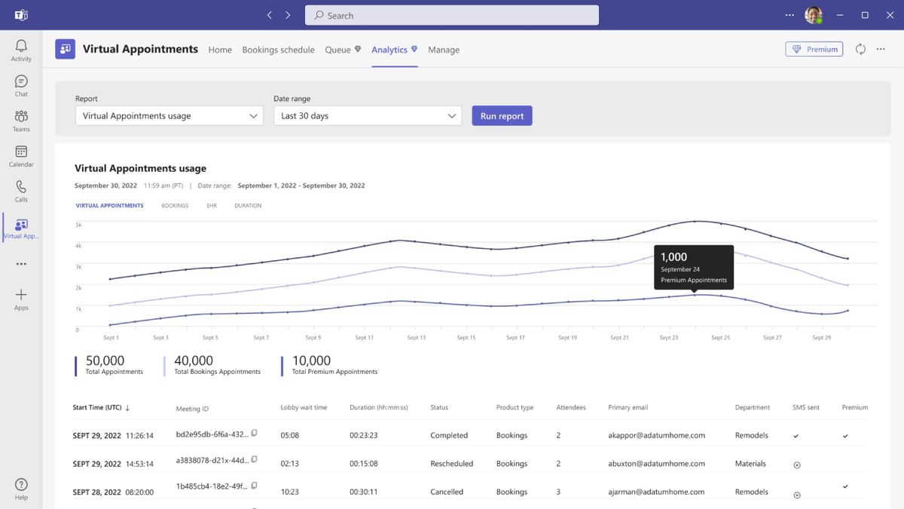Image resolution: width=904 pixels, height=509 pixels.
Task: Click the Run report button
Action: pyautogui.click(x=502, y=116)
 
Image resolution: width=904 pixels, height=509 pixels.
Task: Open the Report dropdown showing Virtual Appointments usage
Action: pyautogui.click(x=169, y=116)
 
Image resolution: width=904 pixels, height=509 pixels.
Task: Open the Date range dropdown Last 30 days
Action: pyautogui.click(x=368, y=116)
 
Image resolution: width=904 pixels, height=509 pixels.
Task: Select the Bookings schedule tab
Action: pyautogui.click(x=278, y=50)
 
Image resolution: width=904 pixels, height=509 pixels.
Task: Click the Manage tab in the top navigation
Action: pyautogui.click(x=444, y=50)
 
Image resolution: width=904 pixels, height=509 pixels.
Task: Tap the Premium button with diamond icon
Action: pyautogui.click(x=814, y=49)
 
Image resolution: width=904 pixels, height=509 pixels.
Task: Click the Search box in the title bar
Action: pyautogui.click(x=452, y=15)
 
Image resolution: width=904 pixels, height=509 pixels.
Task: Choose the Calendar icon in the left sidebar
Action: pyautogui.click(x=21, y=156)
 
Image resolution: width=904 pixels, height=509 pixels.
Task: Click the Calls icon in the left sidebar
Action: pyautogui.click(x=21, y=192)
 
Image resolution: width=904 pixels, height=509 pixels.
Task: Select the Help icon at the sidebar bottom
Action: pyautogui.click(x=21, y=489)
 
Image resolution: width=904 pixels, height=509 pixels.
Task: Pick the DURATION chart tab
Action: pyautogui.click(x=248, y=206)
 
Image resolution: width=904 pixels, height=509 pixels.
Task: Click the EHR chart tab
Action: pyautogui.click(x=212, y=206)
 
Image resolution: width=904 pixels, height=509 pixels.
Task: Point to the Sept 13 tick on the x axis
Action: pyautogui.click(x=417, y=338)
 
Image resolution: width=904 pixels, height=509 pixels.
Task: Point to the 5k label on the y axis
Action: pyautogui.click(x=78, y=225)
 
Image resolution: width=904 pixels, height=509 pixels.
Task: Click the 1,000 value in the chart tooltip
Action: pyautogui.click(x=673, y=257)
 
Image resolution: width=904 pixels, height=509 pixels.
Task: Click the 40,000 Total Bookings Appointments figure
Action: pyautogui.click(x=194, y=361)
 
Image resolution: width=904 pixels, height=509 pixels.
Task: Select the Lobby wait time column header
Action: pyautogui.click(x=304, y=408)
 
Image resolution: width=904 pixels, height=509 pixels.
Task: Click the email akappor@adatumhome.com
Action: pyautogui.click(x=656, y=436)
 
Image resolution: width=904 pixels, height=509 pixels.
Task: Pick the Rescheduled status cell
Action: pyautogui.click(x=451, y=464)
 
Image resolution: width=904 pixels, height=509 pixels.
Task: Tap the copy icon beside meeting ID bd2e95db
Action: pyautogui.click(x=254, y=433)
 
